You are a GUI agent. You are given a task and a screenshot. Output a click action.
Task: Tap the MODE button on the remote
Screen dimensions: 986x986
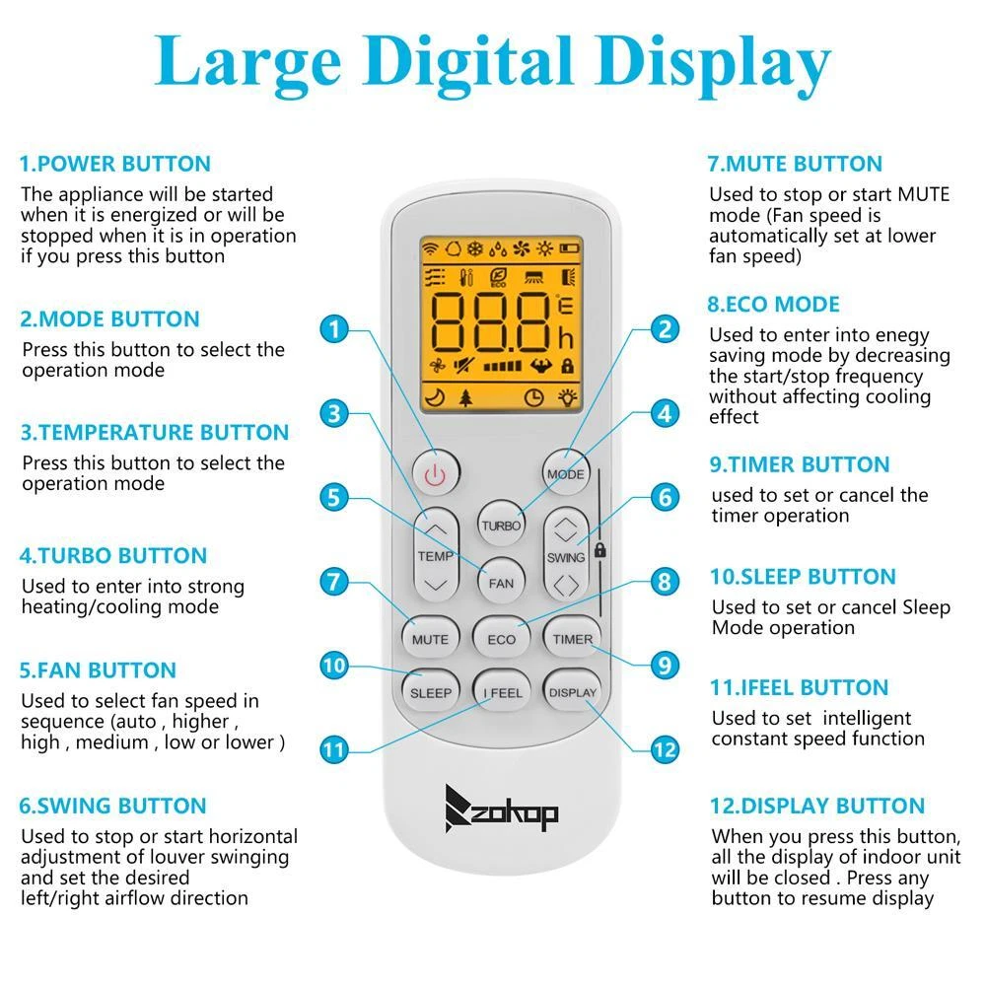click(x=565, y=473)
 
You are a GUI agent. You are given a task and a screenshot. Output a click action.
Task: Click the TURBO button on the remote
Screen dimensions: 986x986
click(x=501, y=526)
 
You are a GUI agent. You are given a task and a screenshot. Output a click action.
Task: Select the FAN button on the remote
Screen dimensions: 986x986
click(x=501, y=583)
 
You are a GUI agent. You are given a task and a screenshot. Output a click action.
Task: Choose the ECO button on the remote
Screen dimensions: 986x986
click(x=501, y=639)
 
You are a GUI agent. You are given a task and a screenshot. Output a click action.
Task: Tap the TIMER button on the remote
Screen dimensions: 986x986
click(x=572, y=639)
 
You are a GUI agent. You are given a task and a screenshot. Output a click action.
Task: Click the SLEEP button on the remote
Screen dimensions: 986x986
click(x=431, y=692)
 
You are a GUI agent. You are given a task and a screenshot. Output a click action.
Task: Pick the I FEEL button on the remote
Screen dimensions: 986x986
click(x=502, y=692)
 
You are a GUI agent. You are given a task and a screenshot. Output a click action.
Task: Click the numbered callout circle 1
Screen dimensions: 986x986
click(x=334, y=329)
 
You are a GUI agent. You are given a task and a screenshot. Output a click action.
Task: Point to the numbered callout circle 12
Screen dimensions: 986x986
click(x=665, y=749)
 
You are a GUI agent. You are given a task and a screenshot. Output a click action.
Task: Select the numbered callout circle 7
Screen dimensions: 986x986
click(x=334, y=582)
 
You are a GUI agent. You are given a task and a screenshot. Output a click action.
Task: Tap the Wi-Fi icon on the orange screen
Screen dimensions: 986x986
click(x=431, y=248)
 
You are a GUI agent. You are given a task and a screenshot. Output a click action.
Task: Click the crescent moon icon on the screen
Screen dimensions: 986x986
click(x=435, y=396)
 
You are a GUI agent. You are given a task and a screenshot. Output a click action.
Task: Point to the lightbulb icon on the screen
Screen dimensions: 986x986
click(x=567, y=396)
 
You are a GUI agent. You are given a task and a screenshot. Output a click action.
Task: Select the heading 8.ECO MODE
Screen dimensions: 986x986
click(x=773, y=305)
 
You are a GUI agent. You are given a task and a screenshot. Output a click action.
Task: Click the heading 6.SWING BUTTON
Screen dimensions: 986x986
click(x=112, y=806)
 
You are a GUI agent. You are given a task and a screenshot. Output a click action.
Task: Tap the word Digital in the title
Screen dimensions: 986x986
click(x=467, y=63)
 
